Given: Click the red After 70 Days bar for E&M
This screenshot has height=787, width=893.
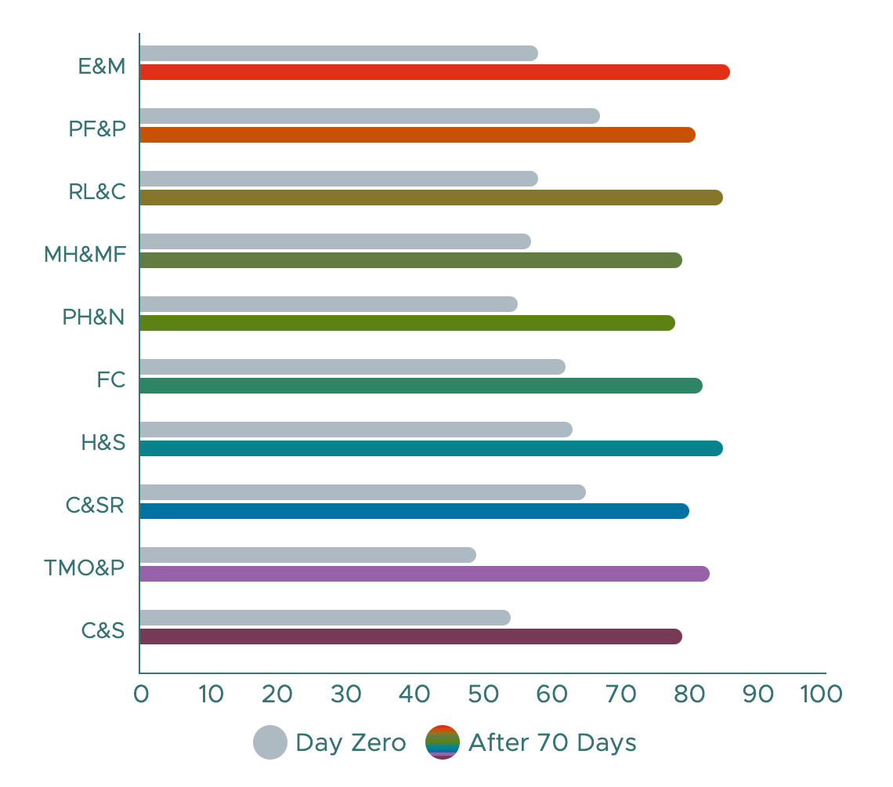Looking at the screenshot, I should click(435, 72).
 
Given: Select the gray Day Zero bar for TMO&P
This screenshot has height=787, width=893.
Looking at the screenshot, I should click(308, 555).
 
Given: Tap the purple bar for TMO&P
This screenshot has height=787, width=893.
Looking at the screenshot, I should click(424, 574).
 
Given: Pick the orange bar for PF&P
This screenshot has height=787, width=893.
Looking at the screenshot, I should click(418, 135).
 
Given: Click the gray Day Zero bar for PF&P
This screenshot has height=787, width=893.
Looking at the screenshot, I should click(370, 116).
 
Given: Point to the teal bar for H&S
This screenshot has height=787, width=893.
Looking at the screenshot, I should click(431, 448).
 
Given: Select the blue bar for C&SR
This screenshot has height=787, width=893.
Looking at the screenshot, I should click(414, 511).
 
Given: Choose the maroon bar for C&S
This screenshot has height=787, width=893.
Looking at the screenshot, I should click(410, 636).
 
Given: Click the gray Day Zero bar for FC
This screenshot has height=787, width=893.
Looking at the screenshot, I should click(352, 367).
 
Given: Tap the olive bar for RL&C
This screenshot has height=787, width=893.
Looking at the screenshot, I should click(431, 198).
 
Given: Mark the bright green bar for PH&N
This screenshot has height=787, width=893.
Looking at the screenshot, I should click(407, 323).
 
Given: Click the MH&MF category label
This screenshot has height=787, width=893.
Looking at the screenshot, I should click(85, 254).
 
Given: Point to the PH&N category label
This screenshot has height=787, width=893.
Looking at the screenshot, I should click(94, 317).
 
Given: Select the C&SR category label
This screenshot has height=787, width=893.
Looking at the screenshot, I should click(95, 505).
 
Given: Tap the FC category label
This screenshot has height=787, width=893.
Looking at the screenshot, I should click(111, 379).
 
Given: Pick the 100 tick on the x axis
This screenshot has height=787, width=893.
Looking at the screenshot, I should click(822, 694).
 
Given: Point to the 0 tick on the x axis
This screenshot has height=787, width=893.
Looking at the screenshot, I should click(141, 694).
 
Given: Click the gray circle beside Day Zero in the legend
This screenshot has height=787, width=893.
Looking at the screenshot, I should click(270, 742).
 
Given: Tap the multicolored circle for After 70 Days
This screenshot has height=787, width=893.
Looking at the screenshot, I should click(442, 742).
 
